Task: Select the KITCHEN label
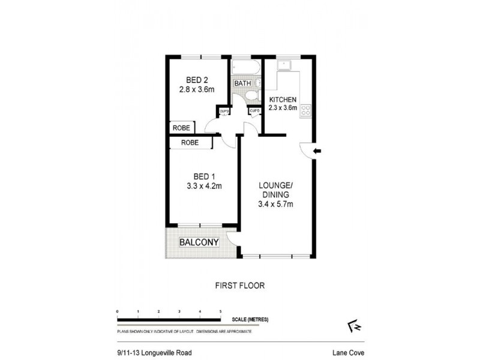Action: coord(283,99)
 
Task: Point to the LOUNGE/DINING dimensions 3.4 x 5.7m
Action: coord(275,205)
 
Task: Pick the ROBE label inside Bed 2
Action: coord(181,128)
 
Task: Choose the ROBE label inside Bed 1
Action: coord(190,143)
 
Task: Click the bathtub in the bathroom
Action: coord(245,67)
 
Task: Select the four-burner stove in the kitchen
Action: coord(305,110)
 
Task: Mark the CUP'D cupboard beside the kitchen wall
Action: coord(254,111)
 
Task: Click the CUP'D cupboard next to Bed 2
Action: coord(224,111)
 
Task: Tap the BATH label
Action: coord(243,83)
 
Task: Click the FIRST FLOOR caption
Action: coord(239,286)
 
